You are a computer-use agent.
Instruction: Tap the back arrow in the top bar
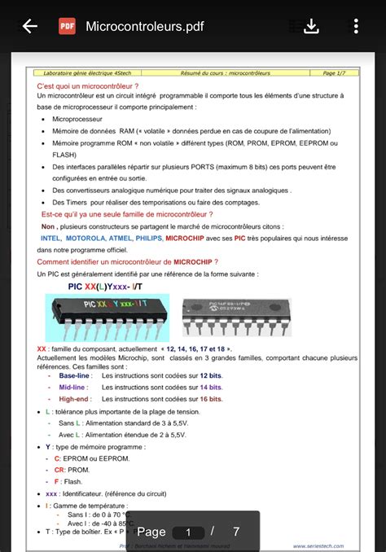click(x=30, y=26)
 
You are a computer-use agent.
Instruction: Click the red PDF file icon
click(x=67, y=26)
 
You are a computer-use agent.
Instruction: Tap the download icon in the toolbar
click(x=311, y=26)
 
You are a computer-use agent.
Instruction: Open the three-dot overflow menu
click(x=355, y=26)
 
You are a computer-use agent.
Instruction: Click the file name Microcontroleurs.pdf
click(x=144, y=27)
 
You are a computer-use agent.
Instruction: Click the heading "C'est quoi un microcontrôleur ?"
click(x=87, y=85)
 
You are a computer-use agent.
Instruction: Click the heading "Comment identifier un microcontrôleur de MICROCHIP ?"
click(x=127, y=262)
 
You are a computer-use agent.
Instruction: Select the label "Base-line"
click(x=74, y=375)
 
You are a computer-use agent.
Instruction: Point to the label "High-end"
click(x=73, y=399)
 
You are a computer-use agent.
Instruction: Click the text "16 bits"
click(x=210, y=399)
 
